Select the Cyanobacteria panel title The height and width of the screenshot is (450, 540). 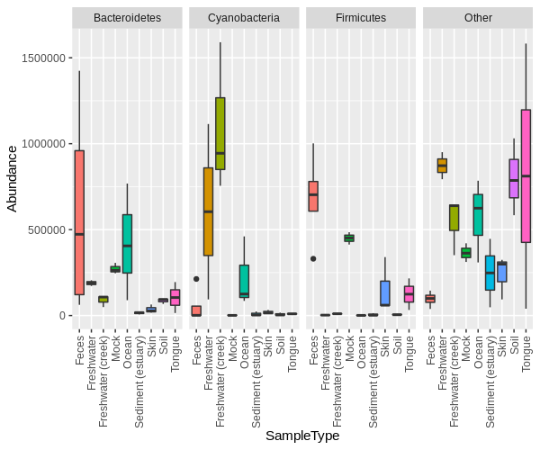coord(243,17)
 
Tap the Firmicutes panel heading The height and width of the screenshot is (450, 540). coord(360,17)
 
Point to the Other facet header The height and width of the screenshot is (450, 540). coord(478,17)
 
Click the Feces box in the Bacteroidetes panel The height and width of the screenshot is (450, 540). coord(79,222)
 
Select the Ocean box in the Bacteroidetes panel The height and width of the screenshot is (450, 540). coord(127,243)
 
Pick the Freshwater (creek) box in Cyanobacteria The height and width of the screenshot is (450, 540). coord(220,133)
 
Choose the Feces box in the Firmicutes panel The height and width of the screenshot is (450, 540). coord(313,196)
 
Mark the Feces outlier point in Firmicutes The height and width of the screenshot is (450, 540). coord(313,258)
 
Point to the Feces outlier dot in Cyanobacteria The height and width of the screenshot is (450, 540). coord(196,279)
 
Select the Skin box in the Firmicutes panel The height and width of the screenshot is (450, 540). coord(385,293)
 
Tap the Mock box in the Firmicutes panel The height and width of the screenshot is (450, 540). coord(349,238)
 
